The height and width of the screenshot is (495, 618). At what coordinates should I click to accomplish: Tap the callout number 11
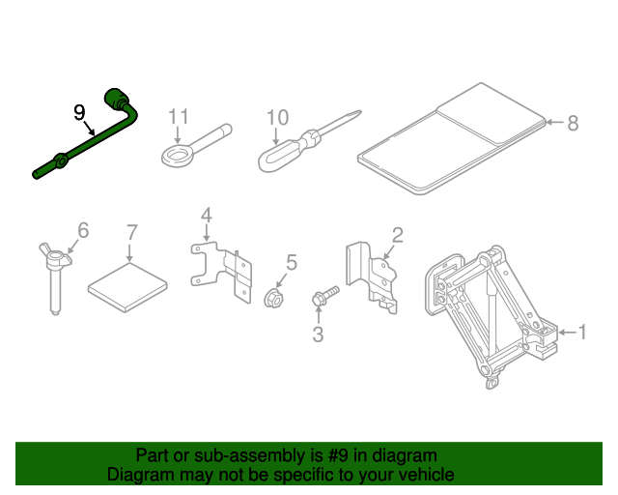tap(179, 117)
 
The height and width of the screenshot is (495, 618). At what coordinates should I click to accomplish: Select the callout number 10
tap(277, 118)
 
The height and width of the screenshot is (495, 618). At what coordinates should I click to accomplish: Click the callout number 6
tap(83, 230)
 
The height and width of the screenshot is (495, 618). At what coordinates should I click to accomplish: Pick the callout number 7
tap(132, 232)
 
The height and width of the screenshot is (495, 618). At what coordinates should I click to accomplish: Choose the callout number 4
tap(205, 215)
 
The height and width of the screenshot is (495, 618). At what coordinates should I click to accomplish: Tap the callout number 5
tap(291, 261)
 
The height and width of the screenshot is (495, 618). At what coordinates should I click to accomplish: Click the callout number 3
tap(317, 335)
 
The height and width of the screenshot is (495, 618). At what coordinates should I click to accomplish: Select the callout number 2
tap(397, 233)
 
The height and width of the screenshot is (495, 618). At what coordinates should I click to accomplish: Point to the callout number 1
tap(582, 333)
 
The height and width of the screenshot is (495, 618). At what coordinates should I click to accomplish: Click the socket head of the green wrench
tap(121, 98)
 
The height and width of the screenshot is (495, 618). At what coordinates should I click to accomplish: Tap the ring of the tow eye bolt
tap(177, 156)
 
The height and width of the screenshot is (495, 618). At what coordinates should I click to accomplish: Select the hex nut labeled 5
tap(272, 297)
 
